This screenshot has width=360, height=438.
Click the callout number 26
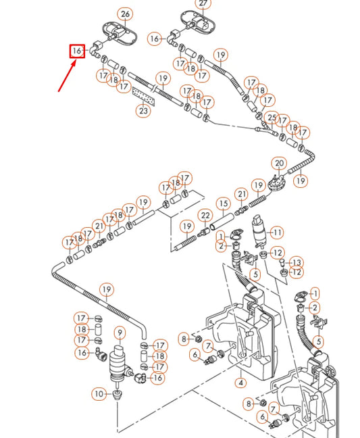tap(125, 14)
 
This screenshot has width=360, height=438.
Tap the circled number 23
tap(143, 111)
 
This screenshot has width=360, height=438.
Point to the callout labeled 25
tap(272, 118)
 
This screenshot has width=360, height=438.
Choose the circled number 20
tap(279, 164)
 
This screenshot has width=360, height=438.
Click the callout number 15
tap(223, 203)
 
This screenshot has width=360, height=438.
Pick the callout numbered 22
tap(205, 216)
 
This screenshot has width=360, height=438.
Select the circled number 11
tap(277, 233)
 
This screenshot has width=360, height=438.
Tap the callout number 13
tap(297, 262)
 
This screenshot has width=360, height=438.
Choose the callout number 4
tap(240, 383)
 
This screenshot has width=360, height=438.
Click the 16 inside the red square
tap(77, 51)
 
